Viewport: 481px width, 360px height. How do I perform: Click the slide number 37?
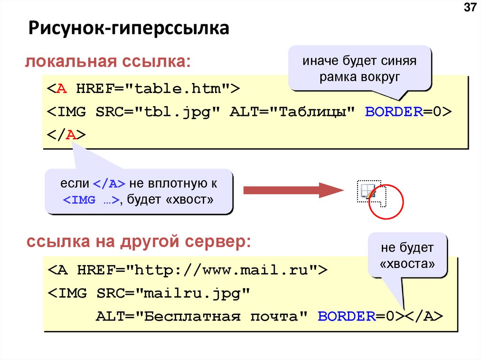point(470,8)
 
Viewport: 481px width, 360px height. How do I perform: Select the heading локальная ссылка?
point(108,61)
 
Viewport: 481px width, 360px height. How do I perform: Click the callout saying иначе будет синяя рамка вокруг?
point(359,69)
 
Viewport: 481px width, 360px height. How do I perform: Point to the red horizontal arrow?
point(294,190)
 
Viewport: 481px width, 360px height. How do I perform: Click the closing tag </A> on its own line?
point(66,135)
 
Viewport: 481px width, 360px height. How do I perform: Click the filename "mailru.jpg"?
point(191,293)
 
